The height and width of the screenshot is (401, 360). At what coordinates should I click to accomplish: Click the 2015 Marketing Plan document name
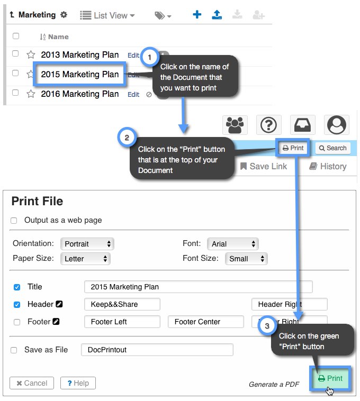point(80,74)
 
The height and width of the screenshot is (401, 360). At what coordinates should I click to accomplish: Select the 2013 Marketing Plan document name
point(77,54)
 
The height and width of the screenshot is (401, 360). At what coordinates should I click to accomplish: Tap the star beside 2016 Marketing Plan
point(31,94)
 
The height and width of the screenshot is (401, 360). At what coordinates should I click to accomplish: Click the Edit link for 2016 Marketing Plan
point(133,94)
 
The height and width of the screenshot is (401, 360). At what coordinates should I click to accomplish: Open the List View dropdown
point(107,15)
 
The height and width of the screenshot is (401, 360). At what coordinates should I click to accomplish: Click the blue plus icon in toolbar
point(197,15)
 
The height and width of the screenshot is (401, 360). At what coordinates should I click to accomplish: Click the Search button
point(332,148)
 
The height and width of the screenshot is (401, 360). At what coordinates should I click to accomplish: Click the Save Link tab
point(263,166)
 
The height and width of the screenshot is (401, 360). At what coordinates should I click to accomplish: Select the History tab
point(328,166)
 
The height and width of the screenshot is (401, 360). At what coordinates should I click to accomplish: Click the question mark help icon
point(268,125)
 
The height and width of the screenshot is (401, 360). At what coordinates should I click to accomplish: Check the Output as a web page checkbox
point(14,221)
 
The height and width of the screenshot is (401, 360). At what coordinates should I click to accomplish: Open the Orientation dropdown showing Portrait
point(87,244)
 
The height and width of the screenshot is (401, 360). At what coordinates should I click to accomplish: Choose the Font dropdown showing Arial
point(232,244)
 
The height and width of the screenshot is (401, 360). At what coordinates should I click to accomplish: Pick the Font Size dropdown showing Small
point(246,259)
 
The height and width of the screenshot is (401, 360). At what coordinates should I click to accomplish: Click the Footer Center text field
point(205,322)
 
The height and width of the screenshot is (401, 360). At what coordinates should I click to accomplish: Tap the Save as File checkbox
point(14,350)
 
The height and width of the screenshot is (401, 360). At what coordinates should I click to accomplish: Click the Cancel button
point(32,383)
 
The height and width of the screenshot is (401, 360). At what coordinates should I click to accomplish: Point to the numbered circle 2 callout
point(127,138)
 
